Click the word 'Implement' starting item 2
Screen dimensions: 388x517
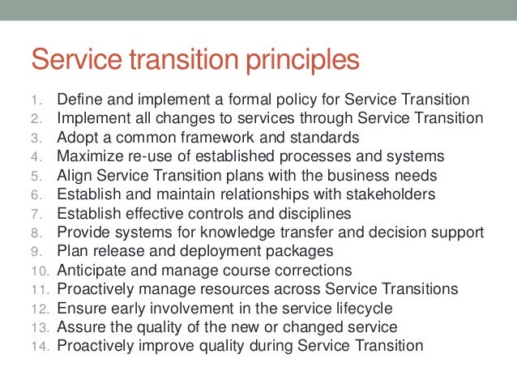pyautogui.click(x=88, y=118)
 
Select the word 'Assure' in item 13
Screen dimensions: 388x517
pyautogui.click(x=79, y=326)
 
